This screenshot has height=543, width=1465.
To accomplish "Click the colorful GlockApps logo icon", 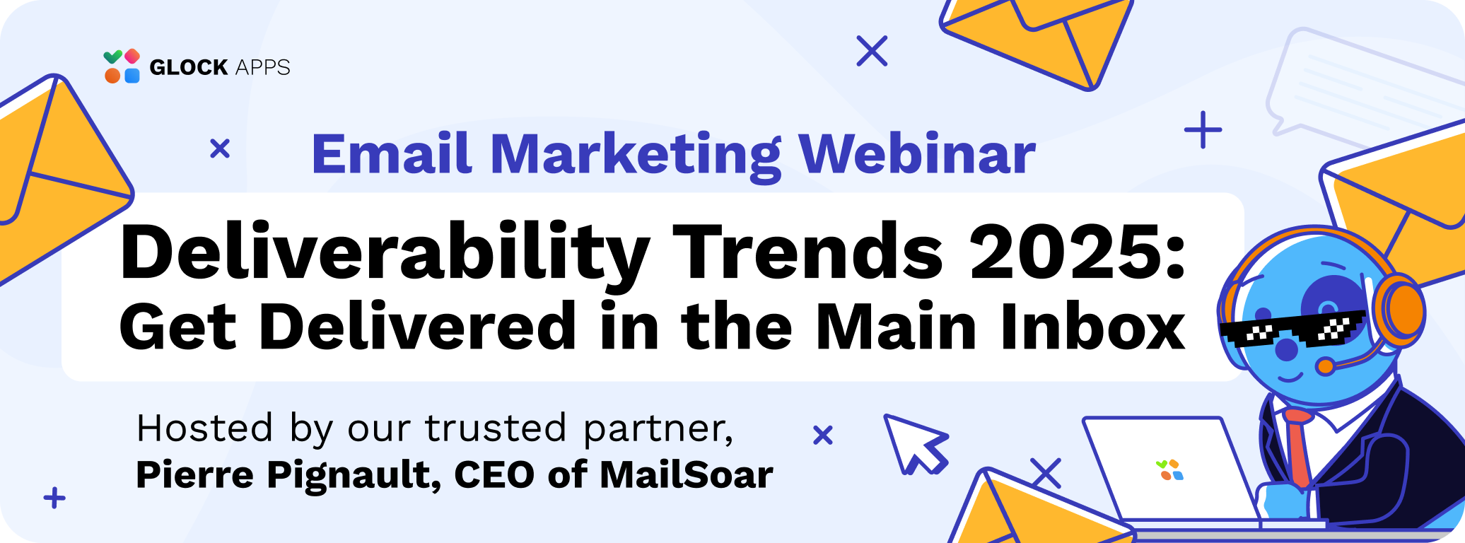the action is (122, 66).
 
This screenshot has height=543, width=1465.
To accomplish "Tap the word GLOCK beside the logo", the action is (188, 67).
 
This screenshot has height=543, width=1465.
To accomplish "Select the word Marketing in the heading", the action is (636, 156).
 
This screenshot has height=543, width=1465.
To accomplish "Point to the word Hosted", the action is (204, 428).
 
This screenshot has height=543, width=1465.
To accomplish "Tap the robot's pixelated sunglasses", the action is (1291, 329).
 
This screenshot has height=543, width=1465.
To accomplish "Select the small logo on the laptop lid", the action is (1169, 470).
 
